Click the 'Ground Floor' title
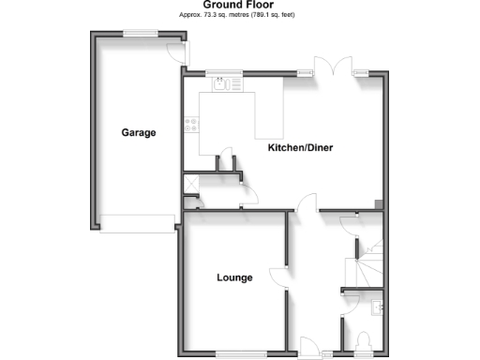[239, 5]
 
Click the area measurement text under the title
[239, 16]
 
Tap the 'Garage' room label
[138, 132]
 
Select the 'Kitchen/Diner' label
[301, 148]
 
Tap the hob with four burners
[191, 123]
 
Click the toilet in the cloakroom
[366, 340]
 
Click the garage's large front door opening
[137, 221]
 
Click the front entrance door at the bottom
[309, 347]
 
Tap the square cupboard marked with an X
[190, 185]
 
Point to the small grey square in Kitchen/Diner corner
[377, 204]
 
